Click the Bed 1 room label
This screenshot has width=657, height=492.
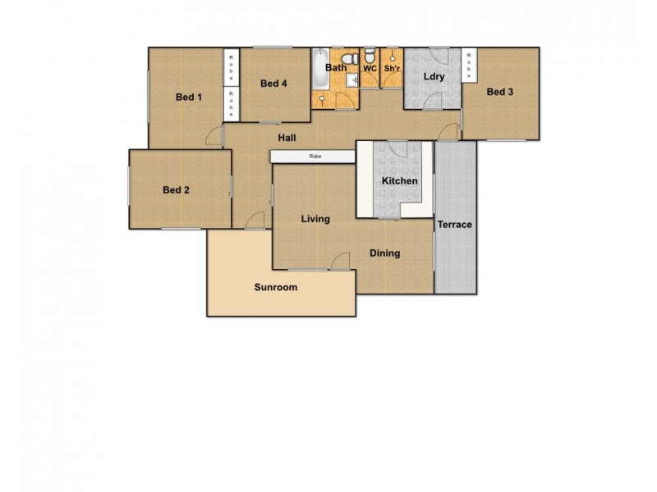coord(189,98)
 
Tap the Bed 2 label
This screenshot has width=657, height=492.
coord(176,190)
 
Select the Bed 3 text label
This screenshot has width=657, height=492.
coord(500,92)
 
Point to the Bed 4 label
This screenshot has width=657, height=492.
coord(273,84)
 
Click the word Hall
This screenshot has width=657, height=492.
coord(287,138)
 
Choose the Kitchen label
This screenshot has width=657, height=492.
coord(400,180)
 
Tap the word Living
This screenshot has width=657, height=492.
coord(315,219)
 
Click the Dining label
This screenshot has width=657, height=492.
coord(384,253)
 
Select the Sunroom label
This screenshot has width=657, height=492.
coord(275,288)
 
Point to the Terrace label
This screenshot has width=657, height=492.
coord(454,225)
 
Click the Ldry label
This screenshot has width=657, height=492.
coord(434,77)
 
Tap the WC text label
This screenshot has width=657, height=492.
coord(370,68)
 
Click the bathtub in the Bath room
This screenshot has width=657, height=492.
coord(319,71)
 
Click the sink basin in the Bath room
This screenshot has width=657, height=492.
coord(350,80)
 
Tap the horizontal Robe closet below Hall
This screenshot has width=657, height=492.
coord(314,156)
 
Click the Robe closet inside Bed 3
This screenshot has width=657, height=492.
coord(470,65)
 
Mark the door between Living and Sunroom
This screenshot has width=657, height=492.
coord(336,262)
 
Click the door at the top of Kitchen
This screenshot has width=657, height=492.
coord(397,148)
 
